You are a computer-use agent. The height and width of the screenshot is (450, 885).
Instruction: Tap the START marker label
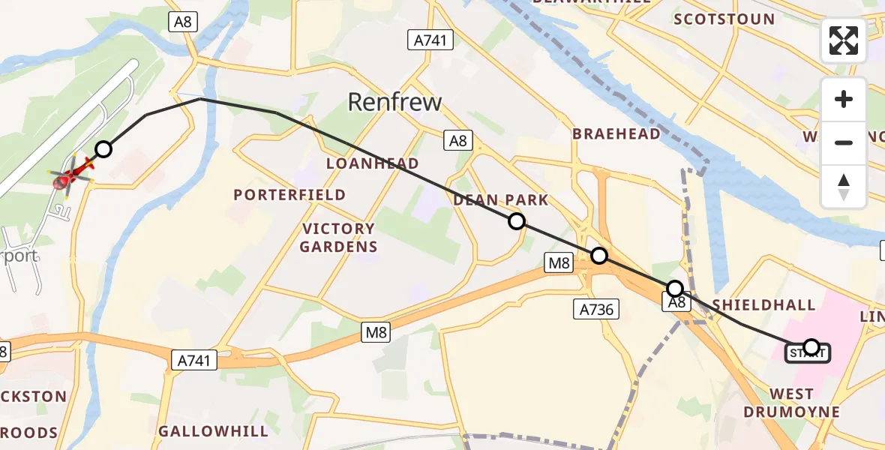pyautogui.click(x=807, y=352)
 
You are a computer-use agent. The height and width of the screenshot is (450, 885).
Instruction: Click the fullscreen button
pyautogui.click(x=844, y=40)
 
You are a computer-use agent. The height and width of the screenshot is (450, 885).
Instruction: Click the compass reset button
pyautogui.click(x=844, y=187)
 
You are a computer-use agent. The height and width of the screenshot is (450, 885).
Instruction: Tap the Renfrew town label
pyautogui.click(x=394, y=102)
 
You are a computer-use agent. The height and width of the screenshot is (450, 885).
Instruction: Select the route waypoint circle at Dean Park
pyautogui.click(x=516, y=220)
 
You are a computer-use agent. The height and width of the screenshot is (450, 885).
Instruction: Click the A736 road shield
pyautogui.click(x=596, y=308)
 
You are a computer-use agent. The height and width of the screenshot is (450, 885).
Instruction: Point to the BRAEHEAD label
pyautogui.click(x=616, y=134)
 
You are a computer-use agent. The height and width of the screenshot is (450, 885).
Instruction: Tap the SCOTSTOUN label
pyautogui.click(x=724, y=19)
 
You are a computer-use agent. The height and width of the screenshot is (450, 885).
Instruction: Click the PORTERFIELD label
pyautogui.click(x=289, y=195)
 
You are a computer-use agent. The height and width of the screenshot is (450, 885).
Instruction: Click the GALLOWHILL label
pyautogui.click(x=213, y=431)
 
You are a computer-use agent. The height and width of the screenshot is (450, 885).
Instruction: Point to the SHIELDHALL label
pyautogui.click(x=763, y=304)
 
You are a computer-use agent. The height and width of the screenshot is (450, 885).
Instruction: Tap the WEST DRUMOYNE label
pyautogui.click(x=791, y=403)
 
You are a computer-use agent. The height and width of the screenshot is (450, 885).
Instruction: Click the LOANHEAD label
pyautogui.click(x=372, y=163)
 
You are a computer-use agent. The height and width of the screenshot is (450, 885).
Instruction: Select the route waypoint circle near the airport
pyautogui.click(x=103, y=149)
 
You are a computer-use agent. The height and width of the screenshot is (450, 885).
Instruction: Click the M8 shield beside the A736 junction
pyautogui.click(x=559, y=262)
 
